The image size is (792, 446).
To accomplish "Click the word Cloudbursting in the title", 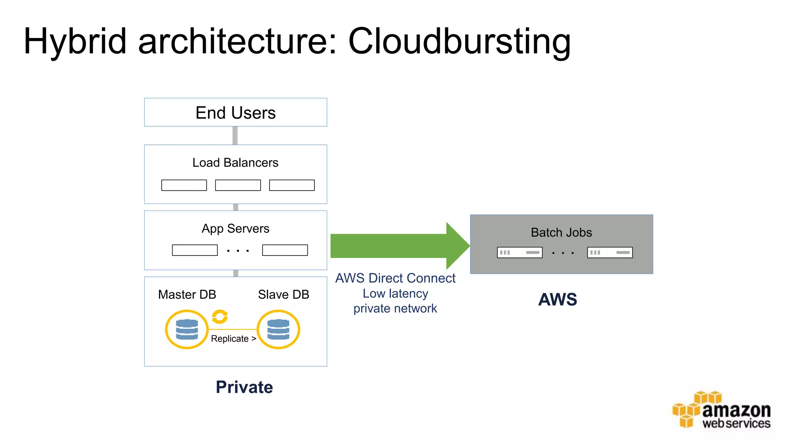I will [459, 42].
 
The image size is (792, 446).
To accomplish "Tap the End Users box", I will [236, 113].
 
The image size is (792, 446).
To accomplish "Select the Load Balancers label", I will [235, 163].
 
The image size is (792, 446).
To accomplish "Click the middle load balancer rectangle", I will [238, 185].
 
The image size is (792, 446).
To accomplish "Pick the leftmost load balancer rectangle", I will [184, 185].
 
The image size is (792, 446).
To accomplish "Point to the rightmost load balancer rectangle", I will [292, 185].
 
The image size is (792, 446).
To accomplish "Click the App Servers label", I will [235, 228].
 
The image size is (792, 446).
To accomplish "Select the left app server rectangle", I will [195, 250].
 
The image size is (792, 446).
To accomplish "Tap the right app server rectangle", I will [285, 250].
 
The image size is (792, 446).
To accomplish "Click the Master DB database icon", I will [187, 329].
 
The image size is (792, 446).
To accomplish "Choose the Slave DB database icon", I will [278, 329].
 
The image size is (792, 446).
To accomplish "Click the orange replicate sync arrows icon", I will [220, 317].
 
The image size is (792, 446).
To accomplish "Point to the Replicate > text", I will [233, 339].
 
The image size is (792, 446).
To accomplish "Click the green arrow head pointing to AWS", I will [457, 246].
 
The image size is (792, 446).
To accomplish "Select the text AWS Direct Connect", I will [395, 278].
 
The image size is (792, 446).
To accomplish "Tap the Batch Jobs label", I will [561, 232].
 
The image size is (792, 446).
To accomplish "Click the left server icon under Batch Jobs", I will [519, 252].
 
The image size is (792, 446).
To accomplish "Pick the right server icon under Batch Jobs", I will [610, 252].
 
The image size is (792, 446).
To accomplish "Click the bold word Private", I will [244, 387].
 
